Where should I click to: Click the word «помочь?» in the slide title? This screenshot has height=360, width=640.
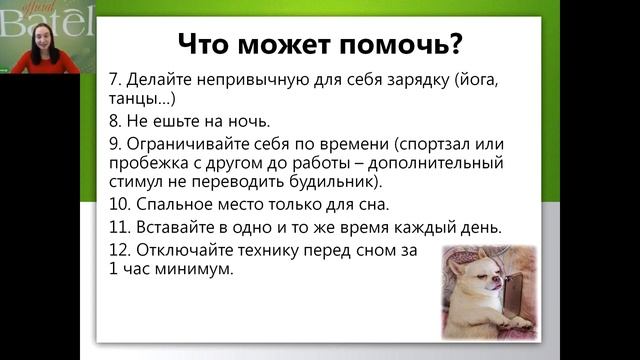click(404, 44)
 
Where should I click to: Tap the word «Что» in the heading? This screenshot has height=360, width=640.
click(207, 44)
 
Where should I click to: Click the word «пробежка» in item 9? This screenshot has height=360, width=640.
click(148, 162)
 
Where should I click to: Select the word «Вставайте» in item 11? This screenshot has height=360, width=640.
click(172, 227)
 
